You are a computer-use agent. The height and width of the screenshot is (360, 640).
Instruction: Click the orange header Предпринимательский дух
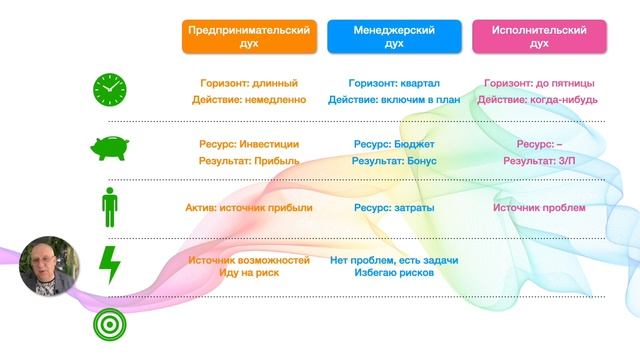click(x=249, y=37)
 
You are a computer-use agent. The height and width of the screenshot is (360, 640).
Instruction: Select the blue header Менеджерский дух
click(x=394, y=37)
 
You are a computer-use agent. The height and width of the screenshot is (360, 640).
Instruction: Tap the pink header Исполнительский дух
click(x=539, y=37)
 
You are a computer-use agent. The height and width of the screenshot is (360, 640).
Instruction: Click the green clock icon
click(x=109, y=90)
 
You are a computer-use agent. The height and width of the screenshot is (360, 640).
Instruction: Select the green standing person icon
click(x=109, y=208)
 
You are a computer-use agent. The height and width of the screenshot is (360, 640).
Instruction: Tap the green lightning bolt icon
click(x=109, y=266)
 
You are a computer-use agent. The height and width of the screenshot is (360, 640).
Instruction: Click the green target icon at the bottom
click(x=109, y=326)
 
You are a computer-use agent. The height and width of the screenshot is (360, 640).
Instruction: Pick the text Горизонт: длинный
click(x=249, y=83)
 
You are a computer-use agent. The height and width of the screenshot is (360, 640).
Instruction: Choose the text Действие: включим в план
click(x=394, y=100)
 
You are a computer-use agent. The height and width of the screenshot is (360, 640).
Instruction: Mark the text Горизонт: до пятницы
click(x=539, y=83)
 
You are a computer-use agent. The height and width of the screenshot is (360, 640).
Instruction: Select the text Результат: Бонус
click(x=394, y=160)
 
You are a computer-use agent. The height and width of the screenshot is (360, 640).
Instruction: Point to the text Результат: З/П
click(x=539, y=160)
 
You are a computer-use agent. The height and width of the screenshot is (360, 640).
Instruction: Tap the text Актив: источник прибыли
click(x=249, y=208)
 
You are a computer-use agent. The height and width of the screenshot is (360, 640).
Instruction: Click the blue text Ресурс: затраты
click(x=394, y=208)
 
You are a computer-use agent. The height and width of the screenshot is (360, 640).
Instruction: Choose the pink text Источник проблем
click(x=539, y=208)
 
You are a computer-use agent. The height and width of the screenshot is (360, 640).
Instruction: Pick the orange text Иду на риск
click(x=249, y=273)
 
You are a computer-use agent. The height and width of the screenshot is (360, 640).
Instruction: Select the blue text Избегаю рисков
click(x=394, y=273)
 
